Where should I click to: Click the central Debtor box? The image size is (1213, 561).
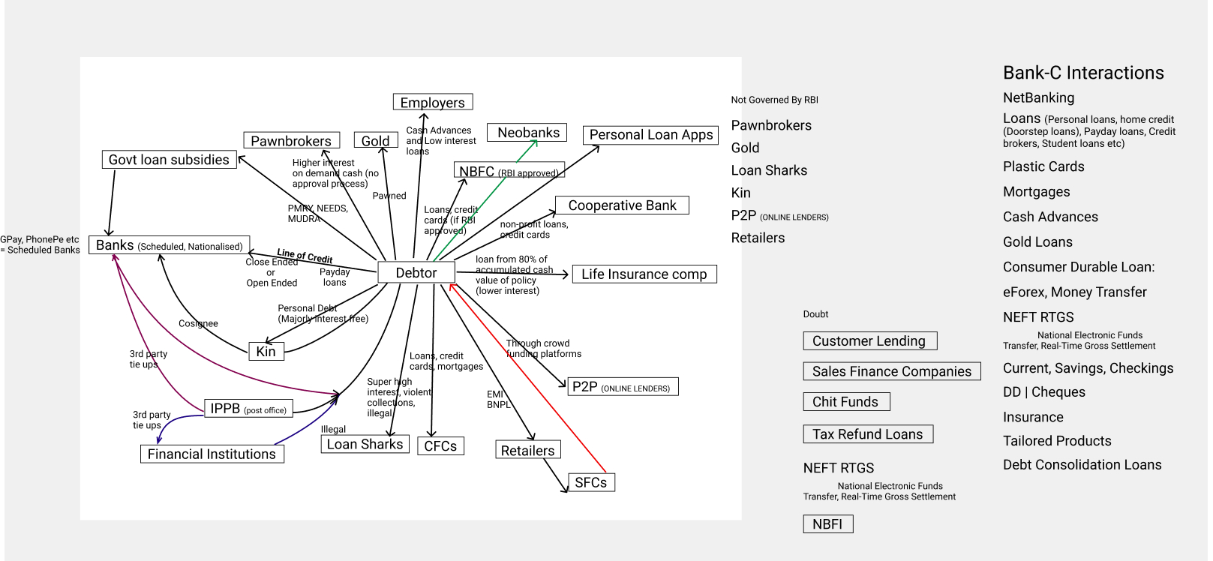tap(416, 273)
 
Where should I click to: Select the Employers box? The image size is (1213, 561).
tap(433, 102)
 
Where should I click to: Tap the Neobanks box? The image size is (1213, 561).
tap(528, 133)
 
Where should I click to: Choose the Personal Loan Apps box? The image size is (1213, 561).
tap(650, 135)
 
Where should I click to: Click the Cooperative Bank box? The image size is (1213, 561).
tap(622, 205)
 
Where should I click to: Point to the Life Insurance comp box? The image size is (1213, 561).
tap(644, 274)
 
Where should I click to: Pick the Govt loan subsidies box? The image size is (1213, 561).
tap(169, 160)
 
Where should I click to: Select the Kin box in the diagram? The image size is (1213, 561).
tap(266, 352)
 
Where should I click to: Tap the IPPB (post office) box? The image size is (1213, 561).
tap(248, 409)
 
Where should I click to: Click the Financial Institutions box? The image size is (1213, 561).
tap(212, 454)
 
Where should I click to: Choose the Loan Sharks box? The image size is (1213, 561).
tap(365, 444)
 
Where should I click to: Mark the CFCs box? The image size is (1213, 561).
tap(440, 446)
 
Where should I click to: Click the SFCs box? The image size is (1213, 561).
tap(591, 482)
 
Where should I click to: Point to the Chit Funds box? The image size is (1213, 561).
tap(845, 402)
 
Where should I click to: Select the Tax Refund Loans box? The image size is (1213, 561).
tap(868, 434)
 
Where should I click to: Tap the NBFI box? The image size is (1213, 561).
tap(827, 524)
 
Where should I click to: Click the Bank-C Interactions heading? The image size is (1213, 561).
tap(1083, 73)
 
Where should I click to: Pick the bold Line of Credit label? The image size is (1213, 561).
tap(305, 256)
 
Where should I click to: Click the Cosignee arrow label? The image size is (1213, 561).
tap(198, 324)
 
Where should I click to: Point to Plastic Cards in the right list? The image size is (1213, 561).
tap(1043, 166)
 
